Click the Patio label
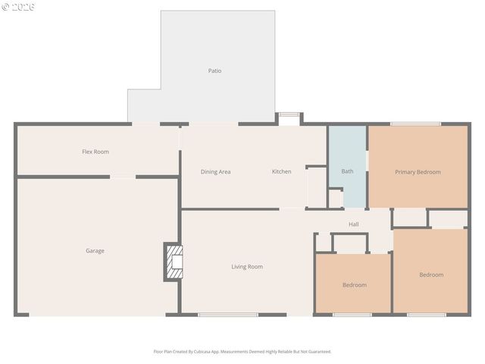tap(214, 71)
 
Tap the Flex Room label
tap(95, 152)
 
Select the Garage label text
tap(95, 250)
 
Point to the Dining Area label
tap(215, 171)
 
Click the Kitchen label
tap(281, 171)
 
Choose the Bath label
tap(347, 171)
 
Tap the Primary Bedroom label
tap(418, 171)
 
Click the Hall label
tap(353, 224)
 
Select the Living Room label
tap(247, 266)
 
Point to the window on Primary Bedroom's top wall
tap(415, 124)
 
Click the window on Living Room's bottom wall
tap(227, 314)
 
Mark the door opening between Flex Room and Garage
tap(123, 177)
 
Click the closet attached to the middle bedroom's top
tap(349, 243)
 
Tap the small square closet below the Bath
tap(335, 198)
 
